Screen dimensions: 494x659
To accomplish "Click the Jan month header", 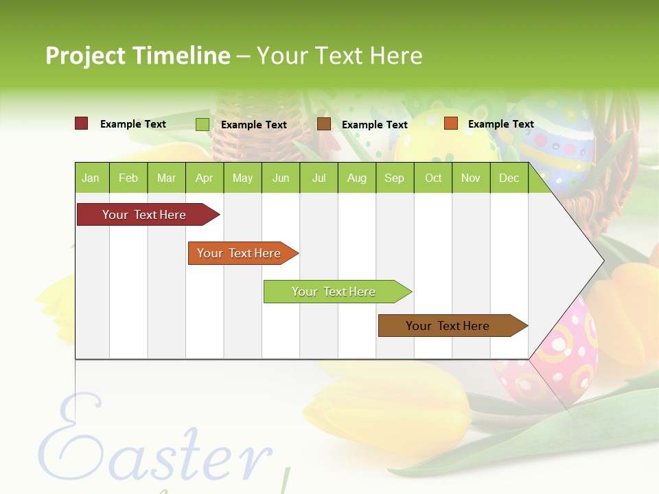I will click(91, 178).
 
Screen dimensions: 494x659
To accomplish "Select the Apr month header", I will click(205, 178).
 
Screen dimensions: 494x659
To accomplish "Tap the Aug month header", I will click(356, 178).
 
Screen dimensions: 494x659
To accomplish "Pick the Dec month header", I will click(509, 178).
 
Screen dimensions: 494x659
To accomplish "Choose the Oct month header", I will click(433, 178).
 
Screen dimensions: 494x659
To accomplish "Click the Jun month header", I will click(281, 178).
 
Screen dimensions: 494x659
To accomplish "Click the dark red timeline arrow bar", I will click(145, 215).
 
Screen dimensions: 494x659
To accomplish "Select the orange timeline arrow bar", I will click(240, 253).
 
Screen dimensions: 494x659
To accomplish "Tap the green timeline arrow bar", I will click(334, 292).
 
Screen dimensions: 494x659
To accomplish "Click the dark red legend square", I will click(81, 123).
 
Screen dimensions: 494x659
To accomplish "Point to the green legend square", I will click(202, 124).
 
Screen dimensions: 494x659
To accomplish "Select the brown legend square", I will click(324, 124).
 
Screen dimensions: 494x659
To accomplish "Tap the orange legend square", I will click(450, 123).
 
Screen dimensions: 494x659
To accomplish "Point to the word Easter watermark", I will click(154, 446).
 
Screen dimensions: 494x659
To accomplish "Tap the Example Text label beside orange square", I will click(500, 124).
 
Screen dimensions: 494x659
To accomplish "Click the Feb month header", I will click(128, 178).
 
